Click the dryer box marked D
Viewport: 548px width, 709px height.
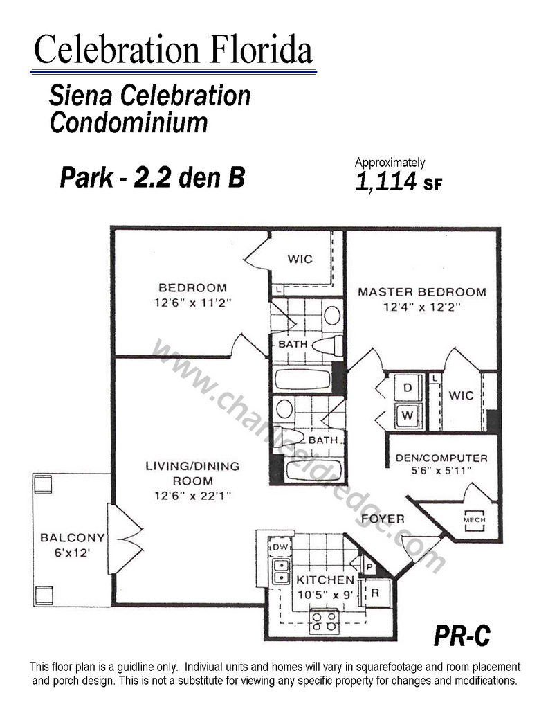[408, 387]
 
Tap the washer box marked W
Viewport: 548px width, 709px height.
[408, 415]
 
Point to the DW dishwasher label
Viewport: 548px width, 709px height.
[280, 547]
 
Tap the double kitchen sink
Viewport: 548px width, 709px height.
[281, 571]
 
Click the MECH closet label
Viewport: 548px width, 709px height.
[474, 520]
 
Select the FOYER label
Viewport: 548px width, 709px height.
[383, 519]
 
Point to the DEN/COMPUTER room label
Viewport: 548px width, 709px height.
[441, 458]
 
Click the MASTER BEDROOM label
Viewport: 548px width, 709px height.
[422, 291]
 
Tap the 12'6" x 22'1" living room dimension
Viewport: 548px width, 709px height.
[193, 496]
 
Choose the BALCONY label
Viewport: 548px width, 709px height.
[72, 537]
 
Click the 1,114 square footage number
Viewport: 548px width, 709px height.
[386, 182]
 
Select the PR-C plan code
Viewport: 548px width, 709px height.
[462, 636]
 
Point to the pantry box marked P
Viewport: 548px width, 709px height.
[369, 566]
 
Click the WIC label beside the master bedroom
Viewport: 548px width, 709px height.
[462, 395]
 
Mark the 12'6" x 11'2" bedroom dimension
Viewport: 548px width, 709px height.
[193, 303]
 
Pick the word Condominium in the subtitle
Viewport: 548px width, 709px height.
[129, 123]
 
